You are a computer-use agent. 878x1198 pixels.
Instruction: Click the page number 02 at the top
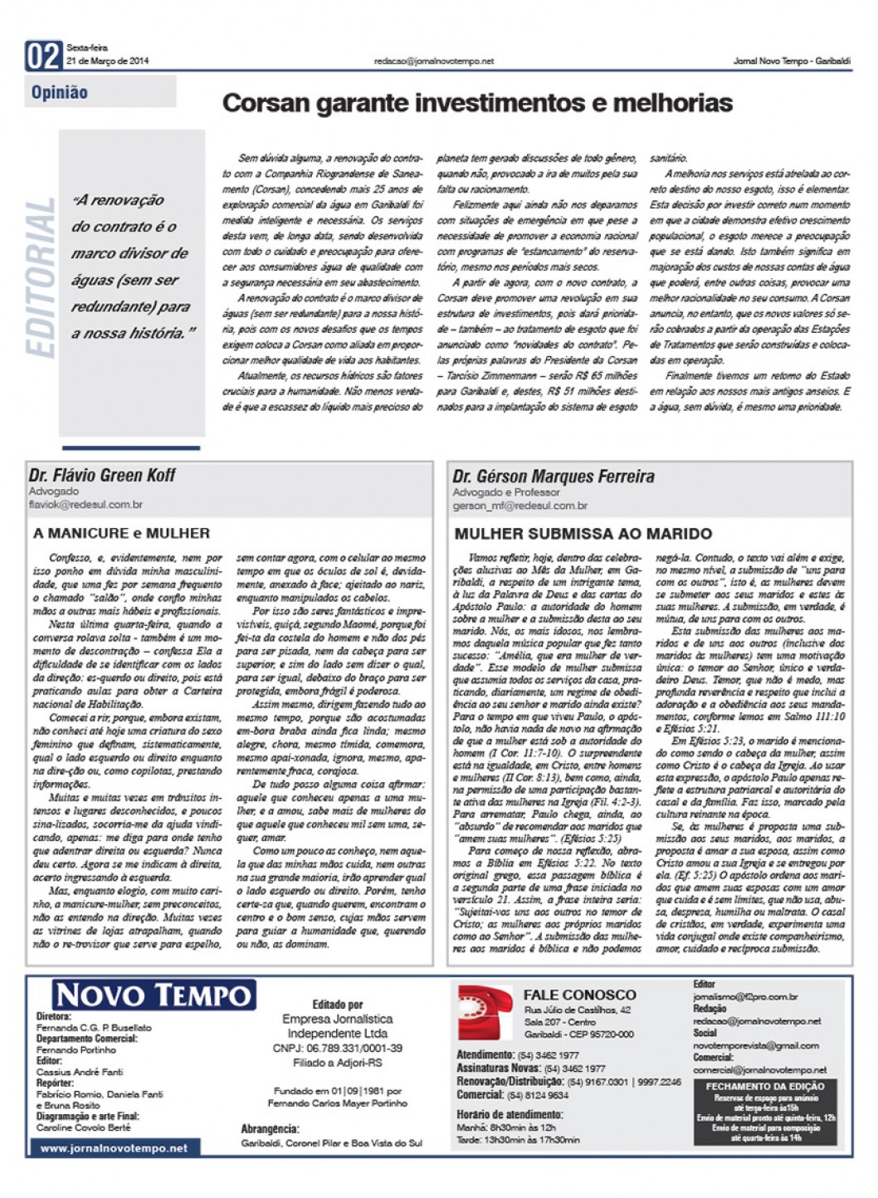point(44,56)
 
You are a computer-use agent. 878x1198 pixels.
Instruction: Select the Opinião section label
point(60,93)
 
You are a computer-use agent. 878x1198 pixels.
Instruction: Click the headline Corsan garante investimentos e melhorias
point(477,103)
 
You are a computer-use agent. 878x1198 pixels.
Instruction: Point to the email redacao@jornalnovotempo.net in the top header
point(433,61)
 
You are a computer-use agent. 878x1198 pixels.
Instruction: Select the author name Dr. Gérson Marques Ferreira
point(553,477)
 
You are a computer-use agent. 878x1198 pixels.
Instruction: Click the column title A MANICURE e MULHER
point(121,533)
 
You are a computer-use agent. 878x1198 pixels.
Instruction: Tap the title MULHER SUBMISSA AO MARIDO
point(583,533)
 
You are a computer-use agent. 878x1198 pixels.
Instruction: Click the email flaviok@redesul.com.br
point(85,504)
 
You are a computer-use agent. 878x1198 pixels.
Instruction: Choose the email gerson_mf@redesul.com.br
point(519,505)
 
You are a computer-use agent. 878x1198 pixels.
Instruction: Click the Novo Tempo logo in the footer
point(154,995)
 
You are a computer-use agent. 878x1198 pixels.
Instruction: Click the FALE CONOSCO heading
point(579,995)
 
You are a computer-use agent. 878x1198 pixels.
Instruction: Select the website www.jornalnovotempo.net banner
point(114,1148)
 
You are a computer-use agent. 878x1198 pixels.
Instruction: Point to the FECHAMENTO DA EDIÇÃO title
point(764,1086)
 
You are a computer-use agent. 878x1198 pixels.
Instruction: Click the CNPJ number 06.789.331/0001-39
point(337,1048)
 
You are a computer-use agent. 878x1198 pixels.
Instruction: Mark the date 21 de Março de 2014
point(108,61)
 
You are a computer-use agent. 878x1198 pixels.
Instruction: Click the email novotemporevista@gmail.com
point(755,1045)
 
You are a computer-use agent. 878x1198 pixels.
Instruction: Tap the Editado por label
point(337,1005)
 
